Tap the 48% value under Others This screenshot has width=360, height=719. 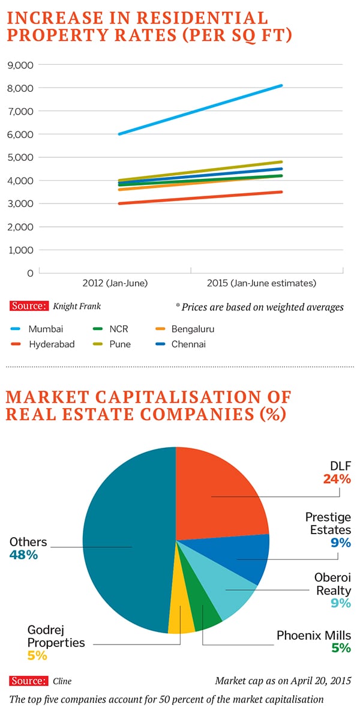click(23, 556)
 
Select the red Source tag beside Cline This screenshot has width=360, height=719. click(29, 681)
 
